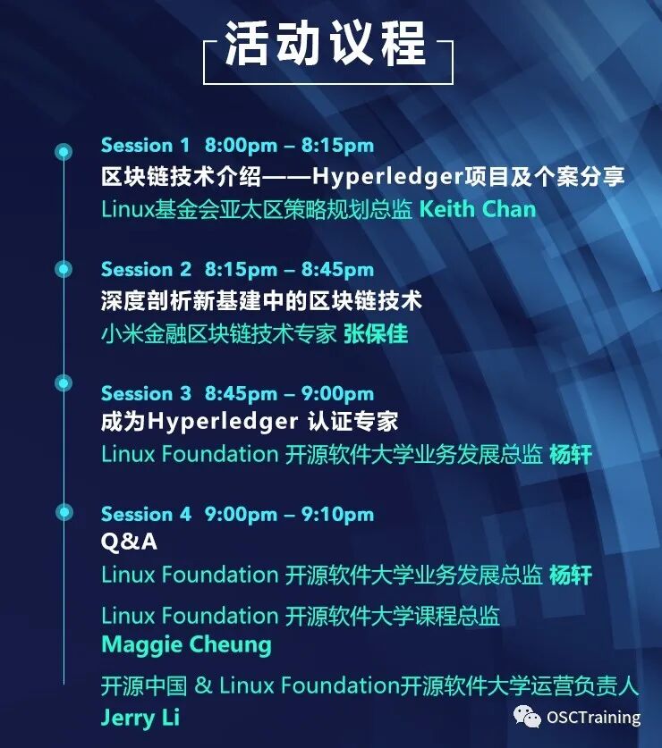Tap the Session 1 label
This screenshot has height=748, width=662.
click(x=145, y=145)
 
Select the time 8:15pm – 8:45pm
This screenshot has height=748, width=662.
click(x=288, y=269)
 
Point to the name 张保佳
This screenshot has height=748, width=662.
click(x=375, y=333)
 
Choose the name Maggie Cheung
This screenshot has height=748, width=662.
click(x=186, y=644)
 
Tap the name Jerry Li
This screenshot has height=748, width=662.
click(x=140, y=718)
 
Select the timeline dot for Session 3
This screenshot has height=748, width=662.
click(x=64, y=382)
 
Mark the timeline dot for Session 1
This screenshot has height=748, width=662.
click(x=64, y=150)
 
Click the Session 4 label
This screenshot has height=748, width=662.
click(x=146, y=514)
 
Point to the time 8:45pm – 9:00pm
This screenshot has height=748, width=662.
click(x=288, y=393)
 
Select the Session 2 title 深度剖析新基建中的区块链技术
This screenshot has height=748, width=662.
click(x=261, y=300)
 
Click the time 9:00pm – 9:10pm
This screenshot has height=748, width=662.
click(x=288, y=514)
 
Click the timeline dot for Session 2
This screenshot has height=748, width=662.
click(x=64, y=268)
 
